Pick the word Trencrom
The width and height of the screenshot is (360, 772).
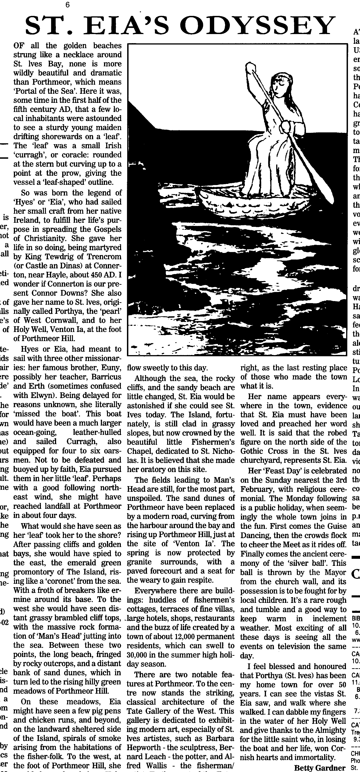click(102, 257)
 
